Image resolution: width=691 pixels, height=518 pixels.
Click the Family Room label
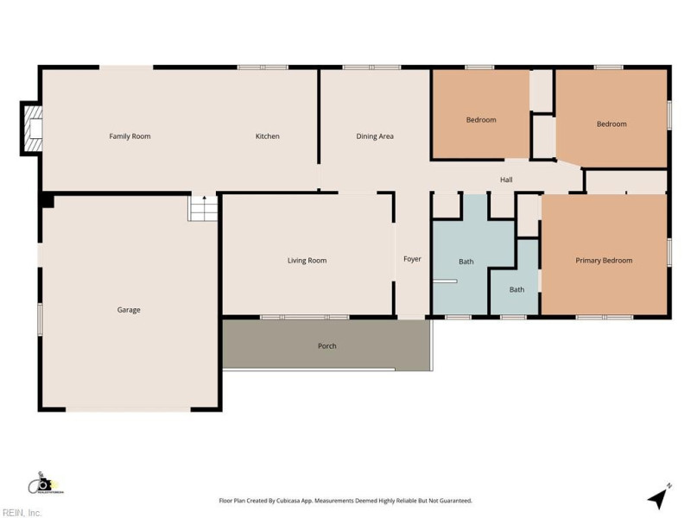[x=130, y=136]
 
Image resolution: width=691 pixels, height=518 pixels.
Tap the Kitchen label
[x=267, y=136]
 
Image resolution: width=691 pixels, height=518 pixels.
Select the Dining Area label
[x=375, y=136]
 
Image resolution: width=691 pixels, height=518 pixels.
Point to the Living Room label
[x=307, y=261]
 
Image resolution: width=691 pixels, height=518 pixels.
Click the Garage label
[x=129, y=310]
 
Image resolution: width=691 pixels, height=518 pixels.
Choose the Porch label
[x=326, y=346]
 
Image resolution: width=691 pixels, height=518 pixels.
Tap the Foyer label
[x=413, y=259]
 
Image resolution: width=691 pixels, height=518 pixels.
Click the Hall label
[x=506, y=180]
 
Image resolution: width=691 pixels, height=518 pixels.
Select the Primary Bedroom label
[x=604, y=261]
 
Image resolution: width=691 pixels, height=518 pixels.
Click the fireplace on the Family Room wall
[x=32, y=129]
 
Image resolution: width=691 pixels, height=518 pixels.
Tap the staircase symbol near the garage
[x=202, y=208]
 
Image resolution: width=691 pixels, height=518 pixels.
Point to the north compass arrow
[x=658, y=496]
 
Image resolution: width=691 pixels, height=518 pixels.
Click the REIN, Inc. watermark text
[x=22, y=513]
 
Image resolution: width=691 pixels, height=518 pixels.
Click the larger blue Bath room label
[x=466, y=262]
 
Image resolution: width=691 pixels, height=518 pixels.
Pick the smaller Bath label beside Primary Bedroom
[x=516, y=289]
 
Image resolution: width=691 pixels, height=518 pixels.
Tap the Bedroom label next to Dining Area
[x=481, y=120]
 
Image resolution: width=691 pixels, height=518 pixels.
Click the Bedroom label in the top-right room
[x=612, y=124]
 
